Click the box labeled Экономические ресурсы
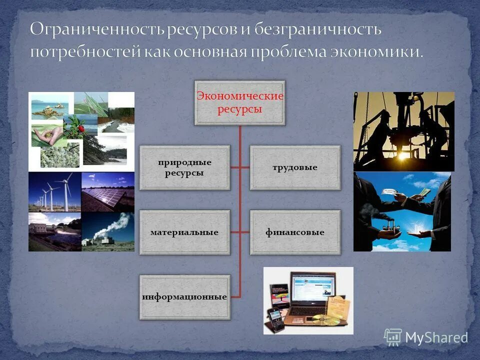240,102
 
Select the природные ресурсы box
184,168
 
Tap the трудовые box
295,168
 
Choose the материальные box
184,232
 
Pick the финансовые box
295,232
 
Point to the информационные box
184,297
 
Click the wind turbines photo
54,192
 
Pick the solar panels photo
108,192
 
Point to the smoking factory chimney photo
108,231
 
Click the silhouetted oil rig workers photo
403,131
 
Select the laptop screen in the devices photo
311,291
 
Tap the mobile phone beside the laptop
274,318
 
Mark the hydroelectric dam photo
54,231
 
